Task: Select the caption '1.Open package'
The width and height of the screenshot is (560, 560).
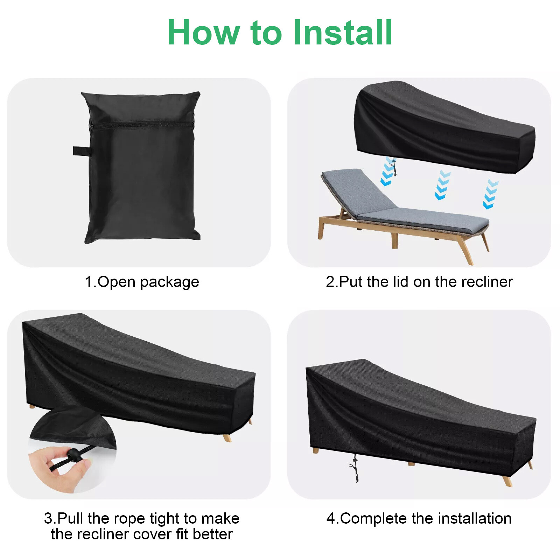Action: tap(142, 282)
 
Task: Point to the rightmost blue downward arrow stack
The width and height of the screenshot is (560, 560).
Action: tap(491, 194)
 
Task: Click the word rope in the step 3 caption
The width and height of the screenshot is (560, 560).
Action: tap(130, 518)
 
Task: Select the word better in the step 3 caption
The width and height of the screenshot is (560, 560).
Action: tap(212, 534)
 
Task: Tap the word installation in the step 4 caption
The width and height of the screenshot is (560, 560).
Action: tap(475, 518)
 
